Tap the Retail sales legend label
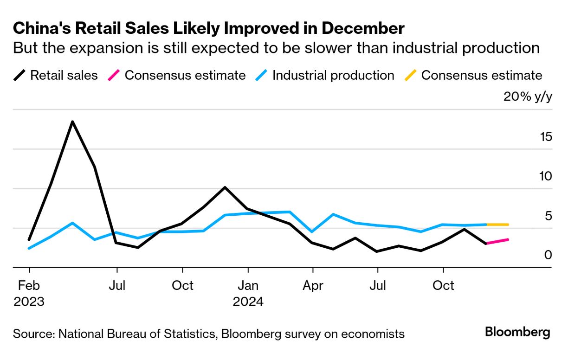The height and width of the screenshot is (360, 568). click(64, 75)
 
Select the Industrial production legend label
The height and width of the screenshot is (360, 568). click(333, 75)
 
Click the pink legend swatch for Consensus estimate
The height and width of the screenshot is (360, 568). click(114, 75)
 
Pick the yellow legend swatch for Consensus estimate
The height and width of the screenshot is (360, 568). click(411, 75)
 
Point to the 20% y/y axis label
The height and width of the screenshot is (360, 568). click(528, 98)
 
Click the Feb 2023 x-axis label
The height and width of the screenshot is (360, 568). click(29, 293)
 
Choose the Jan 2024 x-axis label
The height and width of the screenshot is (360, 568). click(248, 293)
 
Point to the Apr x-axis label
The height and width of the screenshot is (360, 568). click(313, 285)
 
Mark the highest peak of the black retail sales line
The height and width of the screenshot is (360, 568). click(72, 122)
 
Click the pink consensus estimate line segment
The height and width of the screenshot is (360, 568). click(497, 241)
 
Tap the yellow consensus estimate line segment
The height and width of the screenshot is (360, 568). click(497, 225)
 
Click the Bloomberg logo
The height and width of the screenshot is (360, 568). click(517, 332)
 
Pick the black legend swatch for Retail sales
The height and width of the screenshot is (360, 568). click(19, 75)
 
